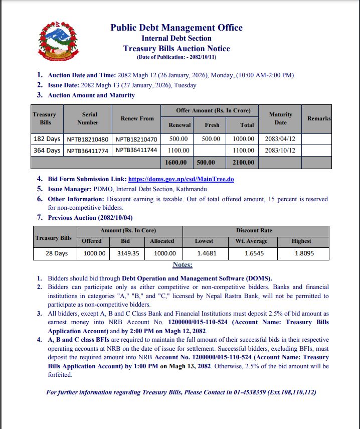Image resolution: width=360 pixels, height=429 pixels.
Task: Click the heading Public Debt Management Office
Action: click(x=176, y=28)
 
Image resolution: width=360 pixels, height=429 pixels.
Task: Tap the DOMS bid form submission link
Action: click(x=181, y=179)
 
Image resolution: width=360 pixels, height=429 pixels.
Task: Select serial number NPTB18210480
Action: click(x=87, y=139)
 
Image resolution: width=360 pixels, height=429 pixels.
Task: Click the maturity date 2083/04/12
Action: click(x=280, y=139)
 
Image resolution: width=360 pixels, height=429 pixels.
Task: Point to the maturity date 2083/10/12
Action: click(x=280, y=150)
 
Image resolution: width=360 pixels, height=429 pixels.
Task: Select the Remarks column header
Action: click(x=319, y=118)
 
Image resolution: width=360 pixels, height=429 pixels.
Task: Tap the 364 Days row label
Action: click(x=46, y=150)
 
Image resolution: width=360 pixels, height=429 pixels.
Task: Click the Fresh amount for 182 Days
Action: click(x=211, y=139)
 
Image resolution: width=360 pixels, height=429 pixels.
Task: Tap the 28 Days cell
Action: click(x=56, y=254)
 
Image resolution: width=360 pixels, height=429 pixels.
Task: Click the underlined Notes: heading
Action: click(x=183, y=265)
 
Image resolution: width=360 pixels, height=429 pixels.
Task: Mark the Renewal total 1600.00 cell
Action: click(x=176, y=162)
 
